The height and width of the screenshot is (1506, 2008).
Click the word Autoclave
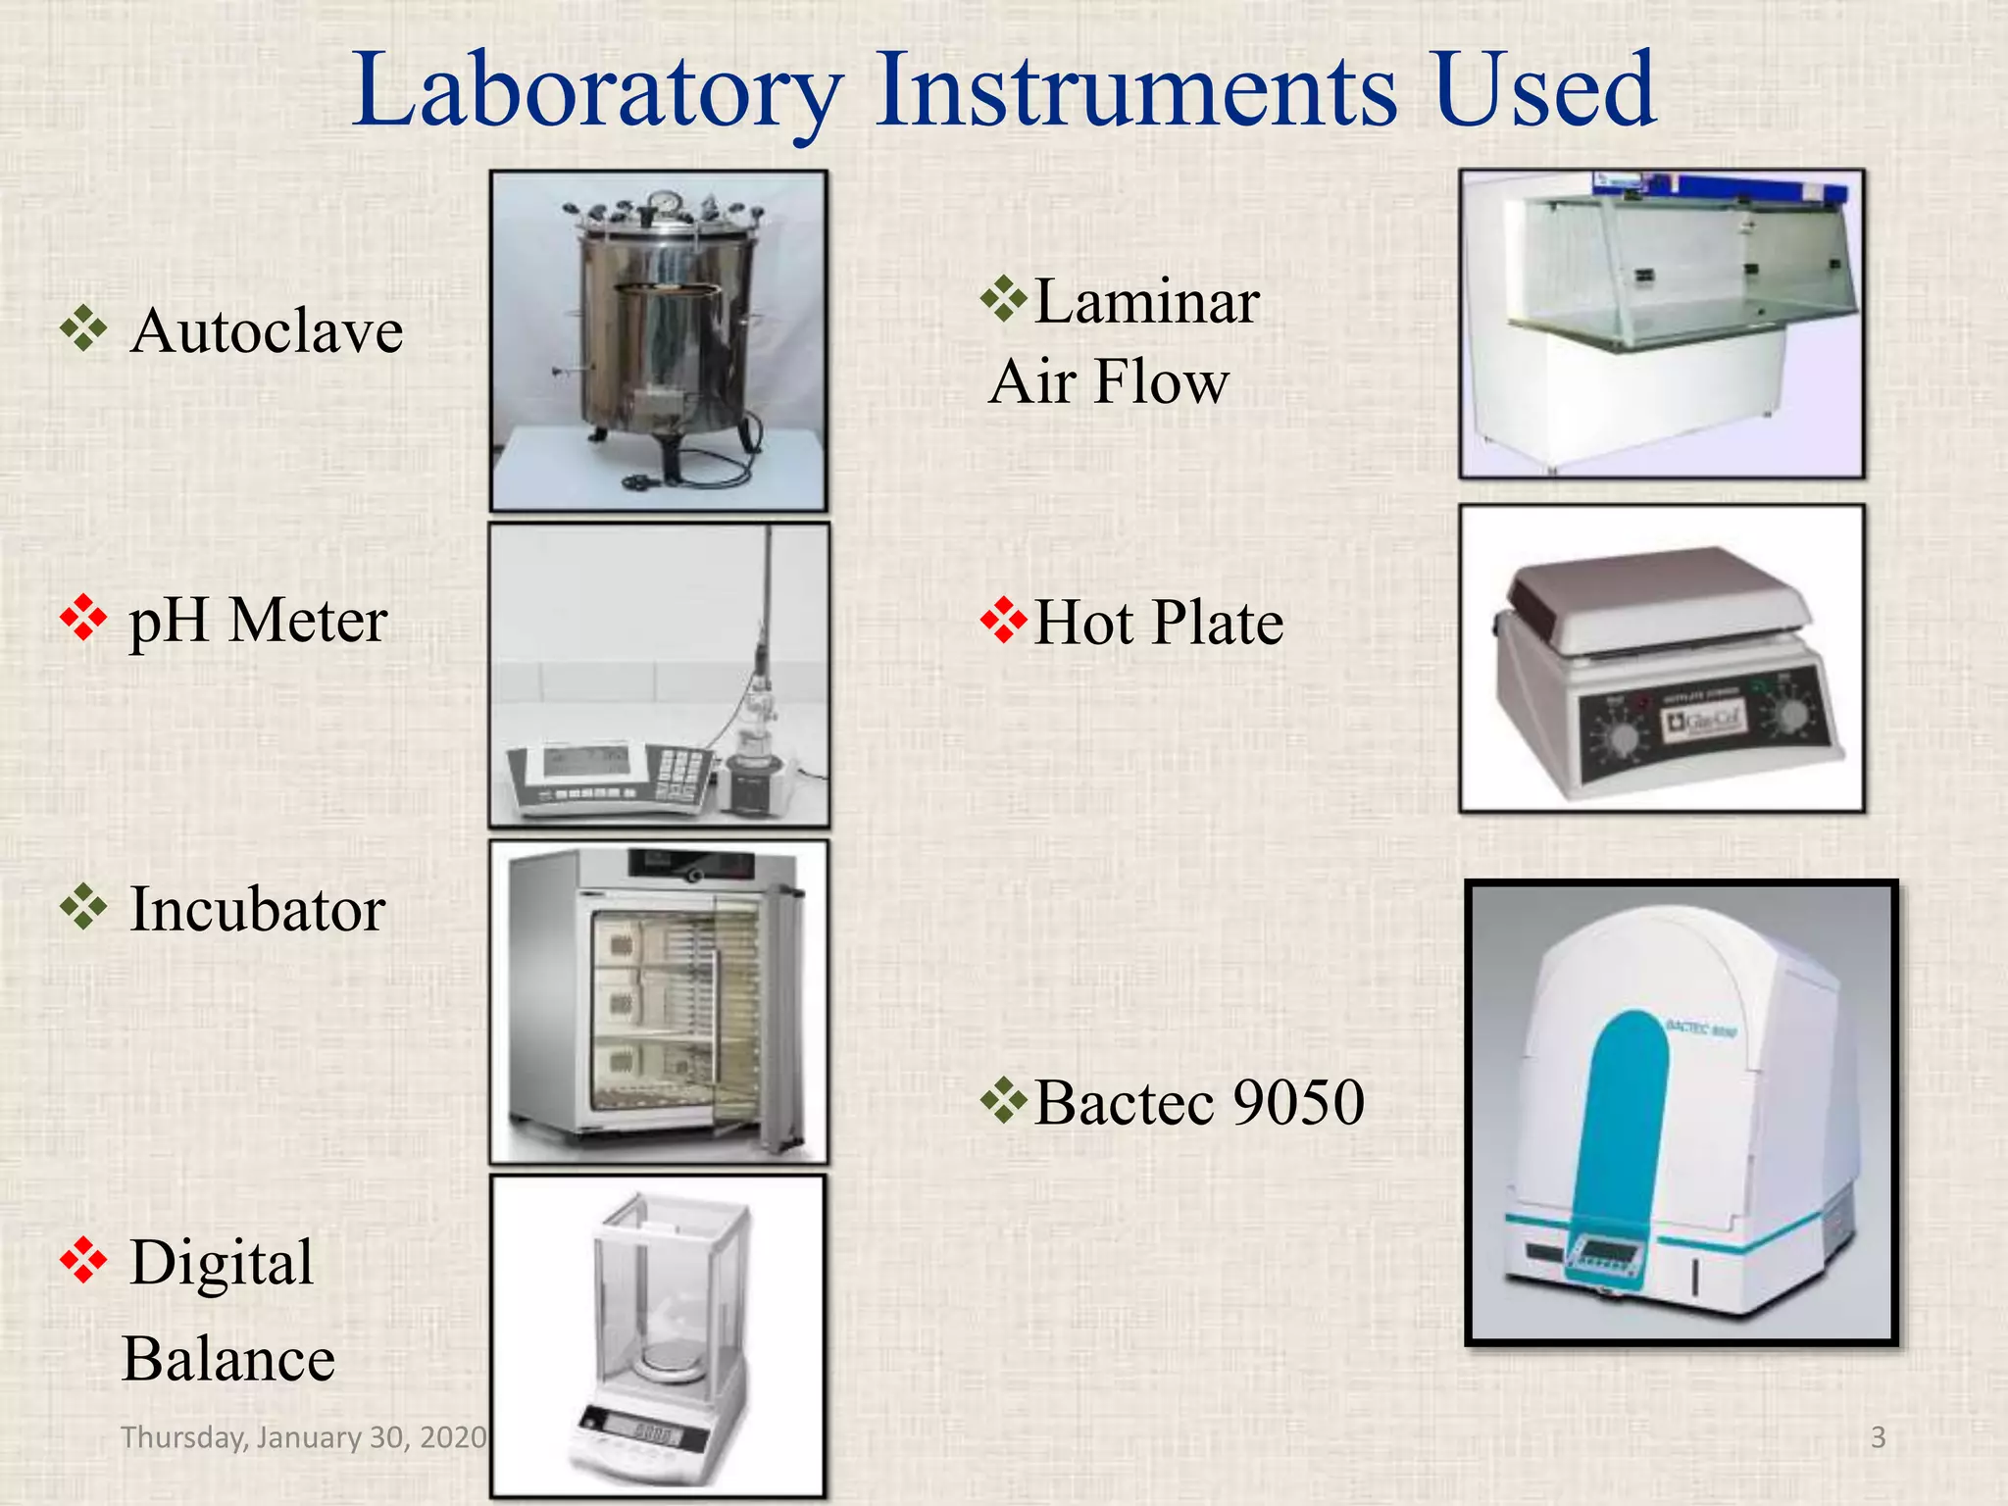click(266, 331)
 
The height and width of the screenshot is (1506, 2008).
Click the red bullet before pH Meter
click(83, 619)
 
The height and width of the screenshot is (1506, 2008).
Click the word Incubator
click(257, 910)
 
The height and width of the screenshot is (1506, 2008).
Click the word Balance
click(228, 1360)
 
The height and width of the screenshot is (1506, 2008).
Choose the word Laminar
click(1146, 302)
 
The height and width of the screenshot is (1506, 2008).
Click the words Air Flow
click(1109, 381)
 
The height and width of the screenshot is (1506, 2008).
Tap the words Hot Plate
click(1158, 623)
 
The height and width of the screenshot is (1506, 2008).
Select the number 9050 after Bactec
click(1298, 1102)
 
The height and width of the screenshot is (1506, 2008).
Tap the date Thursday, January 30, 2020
click(303, 1437)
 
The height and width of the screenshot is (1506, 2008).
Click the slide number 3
click(1878, 1437)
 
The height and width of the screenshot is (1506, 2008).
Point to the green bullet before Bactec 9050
click(1003, 1100)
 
